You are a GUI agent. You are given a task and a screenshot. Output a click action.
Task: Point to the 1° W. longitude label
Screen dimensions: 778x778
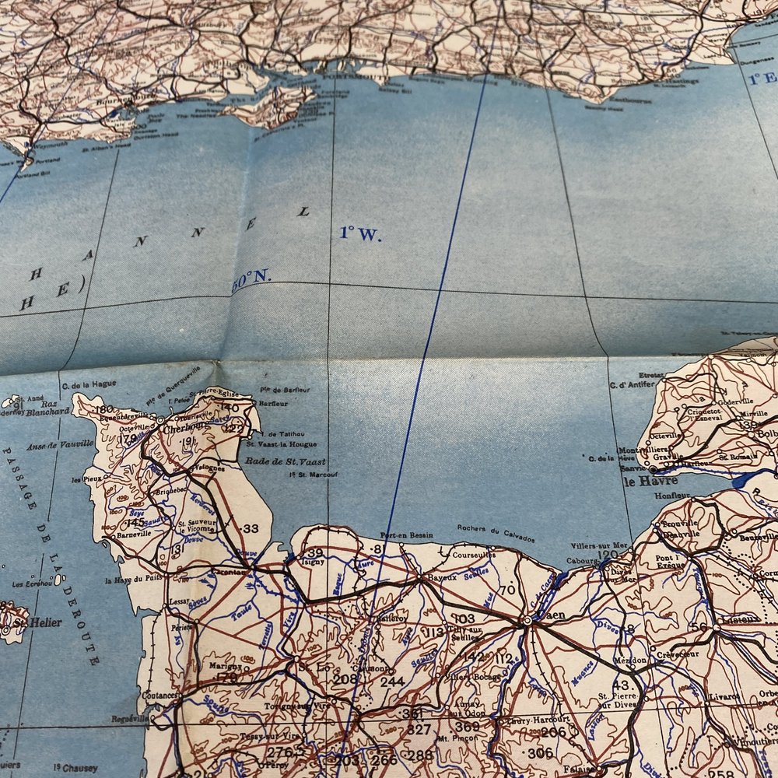[x=360, y=233]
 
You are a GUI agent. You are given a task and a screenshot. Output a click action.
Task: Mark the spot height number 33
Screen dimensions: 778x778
[x=251, y=528]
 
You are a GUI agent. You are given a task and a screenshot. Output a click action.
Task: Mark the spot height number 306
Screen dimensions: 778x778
[x=540, y=752]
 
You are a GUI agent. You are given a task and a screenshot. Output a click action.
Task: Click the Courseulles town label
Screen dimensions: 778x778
[x=473, y=555]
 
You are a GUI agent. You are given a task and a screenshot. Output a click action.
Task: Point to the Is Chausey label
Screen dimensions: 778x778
[x=74, y=768]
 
